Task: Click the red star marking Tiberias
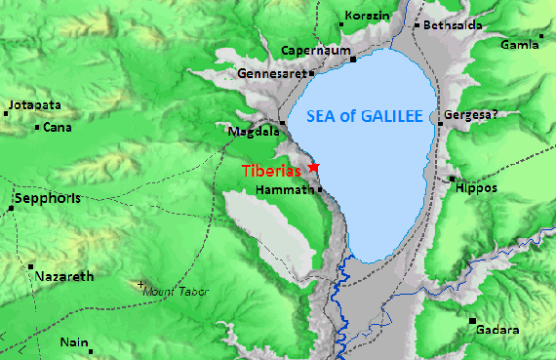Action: (x=313, y=168)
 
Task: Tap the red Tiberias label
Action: (x=273, y=170)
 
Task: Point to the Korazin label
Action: (x=371, y=18)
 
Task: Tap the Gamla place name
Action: (x=519, y=45)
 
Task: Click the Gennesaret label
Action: (x=272, y=73)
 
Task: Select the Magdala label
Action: (x=250, y=131)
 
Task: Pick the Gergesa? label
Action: (x=471, y=115)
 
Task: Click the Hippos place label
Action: (x=476, y=187)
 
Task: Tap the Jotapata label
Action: (x=34, y=104)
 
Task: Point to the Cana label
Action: (x=58, y=127)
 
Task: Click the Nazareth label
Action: (x=64, y=276)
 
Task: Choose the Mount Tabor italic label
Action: (x=177, y=291)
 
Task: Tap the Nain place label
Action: (x=74, y=342)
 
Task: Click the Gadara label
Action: (x=497, y=330)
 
